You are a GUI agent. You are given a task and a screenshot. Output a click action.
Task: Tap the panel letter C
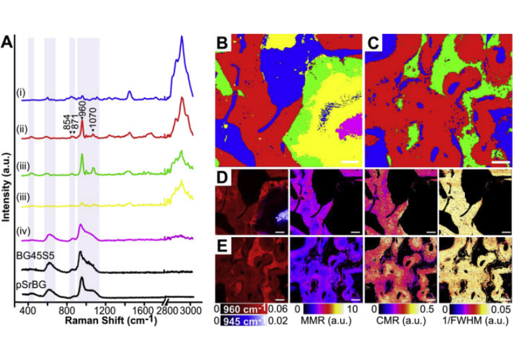pos(374,44)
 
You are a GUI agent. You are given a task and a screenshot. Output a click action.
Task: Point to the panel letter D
pos(223,178)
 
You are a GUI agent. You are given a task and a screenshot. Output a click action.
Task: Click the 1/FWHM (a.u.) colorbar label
pos(473,323)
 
